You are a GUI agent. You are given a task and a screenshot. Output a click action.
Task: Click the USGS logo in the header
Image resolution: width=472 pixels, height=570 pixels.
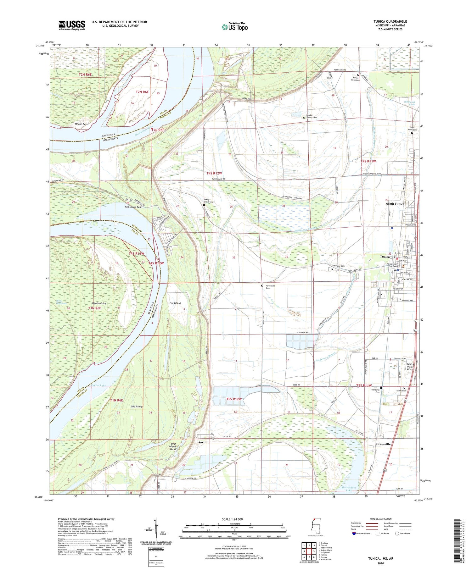[72, 25]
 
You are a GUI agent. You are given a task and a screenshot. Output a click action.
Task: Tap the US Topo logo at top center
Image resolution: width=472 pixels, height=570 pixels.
[234, 27]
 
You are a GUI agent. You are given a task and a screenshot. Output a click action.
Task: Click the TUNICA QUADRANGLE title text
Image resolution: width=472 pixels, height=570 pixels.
[390, 21]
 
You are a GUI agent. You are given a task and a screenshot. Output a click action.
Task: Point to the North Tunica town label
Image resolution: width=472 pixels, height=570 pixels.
[395, 204]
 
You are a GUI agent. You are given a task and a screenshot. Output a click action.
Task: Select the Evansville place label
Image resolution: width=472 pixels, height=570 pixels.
[383, 444]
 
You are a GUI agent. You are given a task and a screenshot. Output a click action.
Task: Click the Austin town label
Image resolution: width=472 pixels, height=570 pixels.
[203, 442]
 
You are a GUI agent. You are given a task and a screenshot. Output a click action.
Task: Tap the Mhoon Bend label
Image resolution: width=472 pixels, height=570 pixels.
[81, 124]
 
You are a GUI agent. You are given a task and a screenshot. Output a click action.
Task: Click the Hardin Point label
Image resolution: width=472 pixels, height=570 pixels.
[98, 303]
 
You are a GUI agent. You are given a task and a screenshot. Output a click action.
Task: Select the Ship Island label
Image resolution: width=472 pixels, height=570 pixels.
[137, 407]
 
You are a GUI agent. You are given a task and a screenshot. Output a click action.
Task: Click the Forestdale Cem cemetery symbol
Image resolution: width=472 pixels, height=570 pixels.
[262, 286]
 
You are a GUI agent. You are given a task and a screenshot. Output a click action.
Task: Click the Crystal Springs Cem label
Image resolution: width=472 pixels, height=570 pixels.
[312, 116]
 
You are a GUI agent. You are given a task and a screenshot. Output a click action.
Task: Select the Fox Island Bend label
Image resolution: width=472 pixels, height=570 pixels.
[133, 207]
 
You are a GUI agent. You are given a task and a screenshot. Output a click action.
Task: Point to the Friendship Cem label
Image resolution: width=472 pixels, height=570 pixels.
[375, 391]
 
